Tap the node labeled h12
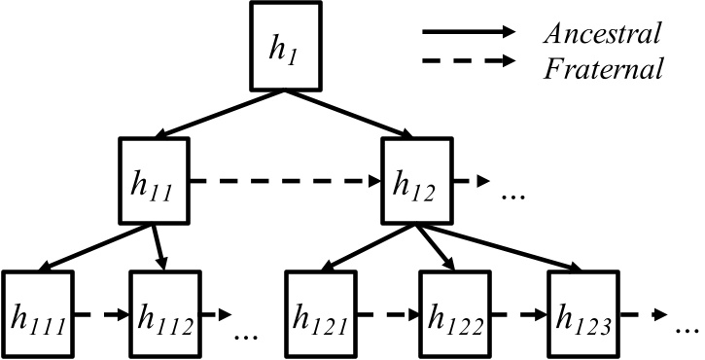pos(416,181)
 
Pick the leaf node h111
pos(38,315)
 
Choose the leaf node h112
pos(166,315)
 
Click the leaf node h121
pos(319,315)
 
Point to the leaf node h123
pos(582,315)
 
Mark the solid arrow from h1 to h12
pos(350,115)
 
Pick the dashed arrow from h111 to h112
pos(102,315)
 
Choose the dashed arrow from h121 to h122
pos(385,315)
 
